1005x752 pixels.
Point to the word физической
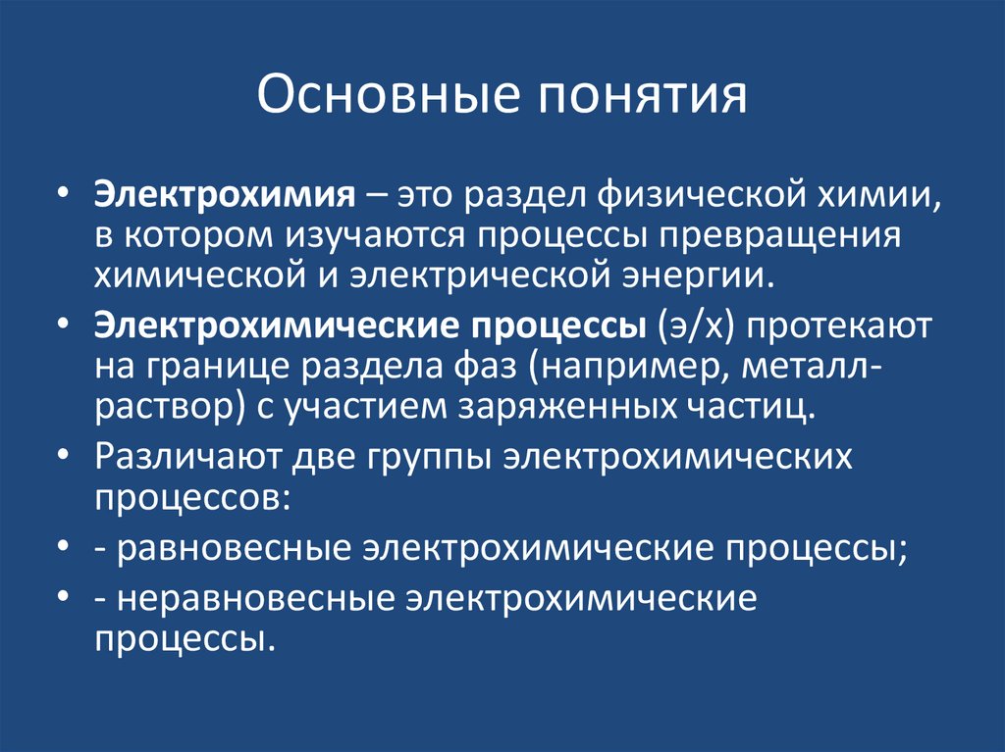pos(682,194)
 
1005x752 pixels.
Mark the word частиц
pos(761,405)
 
